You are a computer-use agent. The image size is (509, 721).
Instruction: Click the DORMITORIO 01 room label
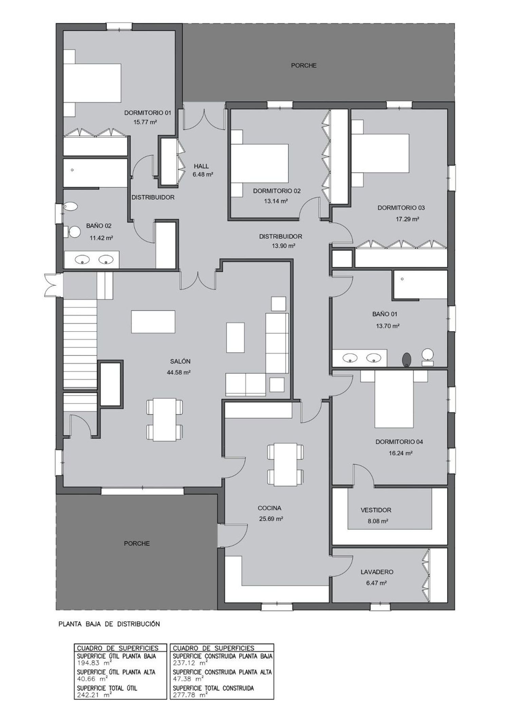pyautogui.click(x=148, y=113)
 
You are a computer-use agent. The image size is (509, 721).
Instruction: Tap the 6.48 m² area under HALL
pyautogui.click(x=203, y=175)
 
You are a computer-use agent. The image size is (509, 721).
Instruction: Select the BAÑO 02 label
pyautogui.click(x=99, y=226)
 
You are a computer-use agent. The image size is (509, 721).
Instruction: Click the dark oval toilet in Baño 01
pyautogui.click(x=406, y=360)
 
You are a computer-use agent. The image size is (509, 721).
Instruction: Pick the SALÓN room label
pyautogui.click(x=180, y=361)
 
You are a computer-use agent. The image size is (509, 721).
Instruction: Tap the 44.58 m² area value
pyautogui.click(x=178, y=373)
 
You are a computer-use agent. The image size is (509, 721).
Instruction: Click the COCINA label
pyautogui.click(x=269, y=508)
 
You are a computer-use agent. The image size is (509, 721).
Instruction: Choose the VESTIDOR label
pyautogui.click(x=376, y=510)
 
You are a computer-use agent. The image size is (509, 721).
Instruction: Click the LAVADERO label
pyautogui.click(x=377, y=572)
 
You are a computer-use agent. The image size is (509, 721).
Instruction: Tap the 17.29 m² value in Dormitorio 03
pyautogui.click(x=408, y=219)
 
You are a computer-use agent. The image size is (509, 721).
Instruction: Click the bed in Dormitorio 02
pyautogui.click(x=260, y=164)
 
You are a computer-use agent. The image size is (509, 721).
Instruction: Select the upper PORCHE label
pyautogui.click(x=304, y=66)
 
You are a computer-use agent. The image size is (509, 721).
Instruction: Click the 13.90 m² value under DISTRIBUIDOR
pyautogui.click(x=283, y=246)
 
